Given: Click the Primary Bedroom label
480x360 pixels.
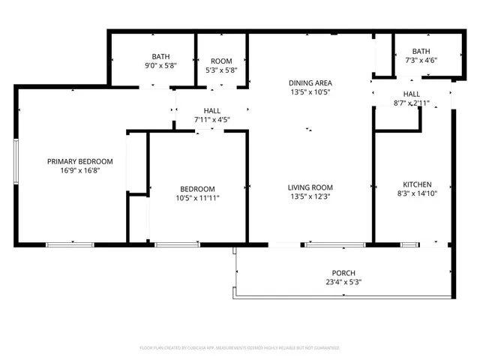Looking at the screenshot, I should coord(79,161).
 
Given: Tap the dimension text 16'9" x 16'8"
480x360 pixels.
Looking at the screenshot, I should coord(79,170).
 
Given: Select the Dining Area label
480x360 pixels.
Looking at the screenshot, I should coord(310,82).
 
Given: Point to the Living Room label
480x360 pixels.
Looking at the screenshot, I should coord(310,187).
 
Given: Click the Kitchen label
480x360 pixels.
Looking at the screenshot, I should coord(417,184).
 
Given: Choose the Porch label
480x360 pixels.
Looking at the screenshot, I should coord(343,273).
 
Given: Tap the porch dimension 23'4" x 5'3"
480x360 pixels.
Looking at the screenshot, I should coord(343,282).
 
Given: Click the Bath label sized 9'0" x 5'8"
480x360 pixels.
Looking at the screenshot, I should coord(160,56).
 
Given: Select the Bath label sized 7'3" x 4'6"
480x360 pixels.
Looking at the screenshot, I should coord(421,51).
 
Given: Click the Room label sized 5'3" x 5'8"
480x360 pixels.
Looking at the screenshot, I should coord(221,61).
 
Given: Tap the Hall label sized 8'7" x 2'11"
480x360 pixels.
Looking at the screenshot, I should coord(411,94).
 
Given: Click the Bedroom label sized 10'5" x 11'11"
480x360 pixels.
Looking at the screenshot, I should coord(197,189).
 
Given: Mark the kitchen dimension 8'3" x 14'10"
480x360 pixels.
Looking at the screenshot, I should coord(417,193).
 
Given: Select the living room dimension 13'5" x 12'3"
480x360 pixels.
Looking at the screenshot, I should coord(310,196).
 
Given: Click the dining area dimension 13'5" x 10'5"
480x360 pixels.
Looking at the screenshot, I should coord(310,91).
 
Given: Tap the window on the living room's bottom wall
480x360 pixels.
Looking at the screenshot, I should coord(334,244).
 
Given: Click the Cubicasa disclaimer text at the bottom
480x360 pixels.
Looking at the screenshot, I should coord(240,348).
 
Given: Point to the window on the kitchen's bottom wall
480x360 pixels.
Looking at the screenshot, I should coord(411,244).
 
